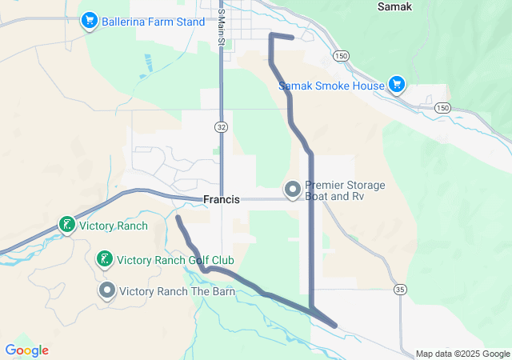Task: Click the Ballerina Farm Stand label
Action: tap(153, 22)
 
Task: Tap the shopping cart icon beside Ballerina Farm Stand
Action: tap(89, 21)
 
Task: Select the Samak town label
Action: tap(395, 6)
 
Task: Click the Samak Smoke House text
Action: tap(331, 85)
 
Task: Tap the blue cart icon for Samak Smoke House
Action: tap(396, 83)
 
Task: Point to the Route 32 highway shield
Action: tap(221, 126)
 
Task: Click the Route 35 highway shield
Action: tap(400, 289)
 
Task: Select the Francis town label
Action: tap(222, 199)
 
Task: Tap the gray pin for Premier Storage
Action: tap(293, 190)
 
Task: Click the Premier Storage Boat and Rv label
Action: tap(345, 190)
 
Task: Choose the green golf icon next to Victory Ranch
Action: tap(67, 226)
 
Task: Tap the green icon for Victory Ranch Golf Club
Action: tap(104, 259)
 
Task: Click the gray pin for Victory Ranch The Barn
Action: tap(107, 290)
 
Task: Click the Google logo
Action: tap(26, 350)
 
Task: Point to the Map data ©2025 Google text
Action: tap(462, 354)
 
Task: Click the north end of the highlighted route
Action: tap(292, 38)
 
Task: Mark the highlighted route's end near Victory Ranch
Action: tap(178, 218)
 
